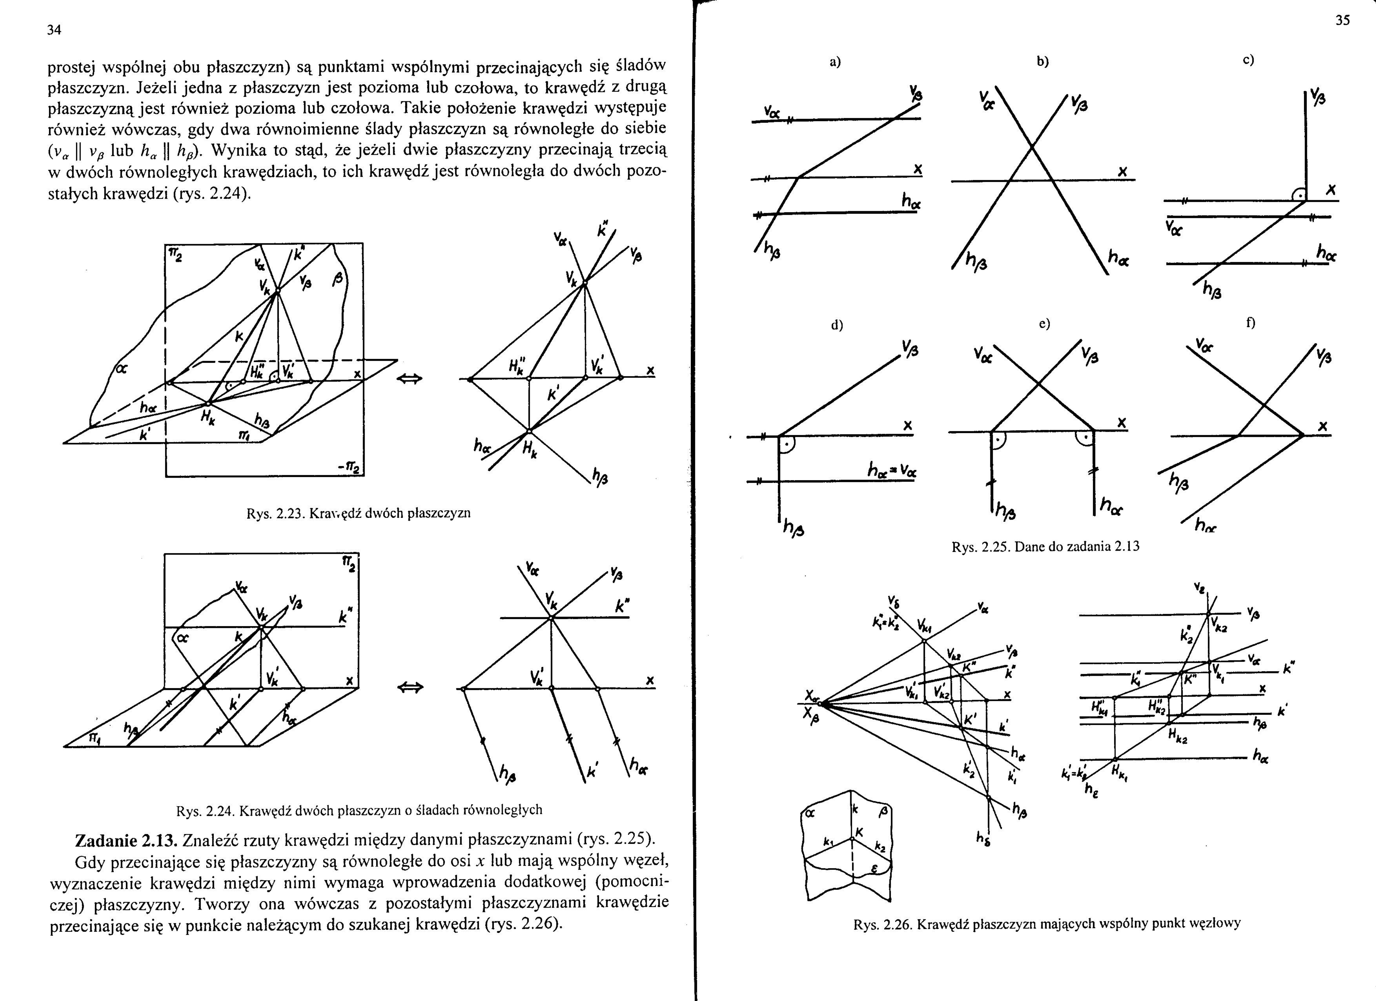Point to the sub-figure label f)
[1250, 323]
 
